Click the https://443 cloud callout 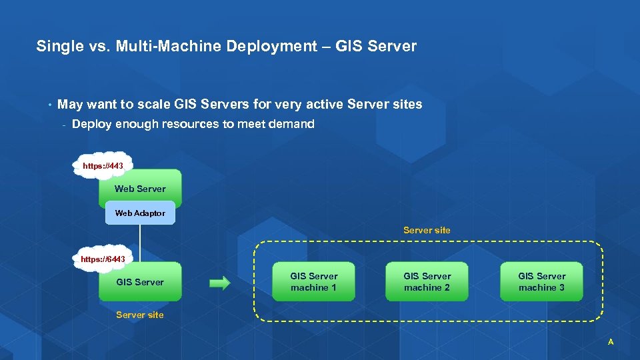click(x=103, y=165)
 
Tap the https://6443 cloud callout click(x=103, y=259)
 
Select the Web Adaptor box click(x=140, y=213)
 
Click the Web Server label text click(x=140, y=189)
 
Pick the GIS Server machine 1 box click(x=314, y=281)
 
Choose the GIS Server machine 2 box click(x=427, y=281)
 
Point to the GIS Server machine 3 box click(x=541, y=281)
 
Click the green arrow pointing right click(x=219, y=283)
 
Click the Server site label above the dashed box click(x=427, y=230)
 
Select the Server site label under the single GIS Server click(x=140, y=315)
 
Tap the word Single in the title click(x=56, y=47)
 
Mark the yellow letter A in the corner click(x=610, y=342)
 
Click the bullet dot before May click(x=49, y=105)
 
